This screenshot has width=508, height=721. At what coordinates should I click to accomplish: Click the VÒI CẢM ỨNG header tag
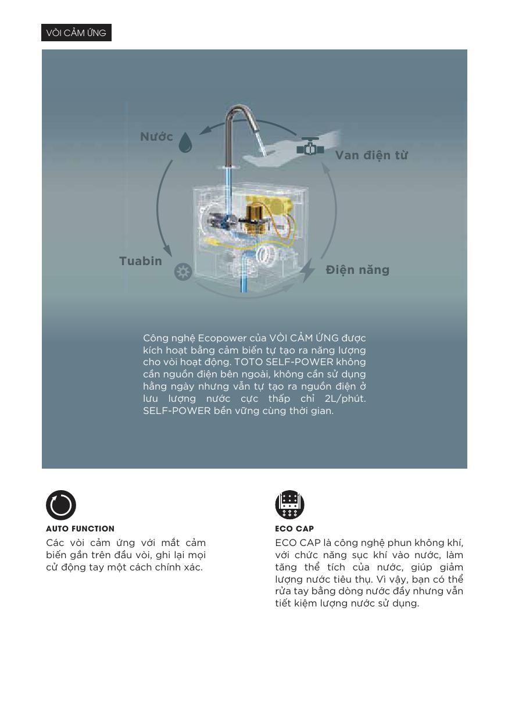[x=76, y=33]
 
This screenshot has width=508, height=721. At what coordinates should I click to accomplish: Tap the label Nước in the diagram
[x=157, y=137]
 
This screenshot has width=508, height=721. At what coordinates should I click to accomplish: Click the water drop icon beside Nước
[x=185, y=142]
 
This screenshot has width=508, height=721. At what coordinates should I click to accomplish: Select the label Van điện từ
[x=371, y=155]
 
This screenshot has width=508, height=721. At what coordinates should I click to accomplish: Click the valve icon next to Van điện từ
[x=310, y=147]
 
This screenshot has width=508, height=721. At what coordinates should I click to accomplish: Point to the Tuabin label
[x=141, y=261]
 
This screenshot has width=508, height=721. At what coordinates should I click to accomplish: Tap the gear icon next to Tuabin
[x=183, y=272]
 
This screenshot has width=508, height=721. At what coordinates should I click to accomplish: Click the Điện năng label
[x=357, y=270]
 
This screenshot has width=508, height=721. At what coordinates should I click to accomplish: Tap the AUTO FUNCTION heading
[x=80, y=529]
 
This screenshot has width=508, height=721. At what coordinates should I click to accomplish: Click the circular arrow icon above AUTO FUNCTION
[x=61, y=505]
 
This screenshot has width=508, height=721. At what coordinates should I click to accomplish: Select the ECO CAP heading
[x=294, y=529]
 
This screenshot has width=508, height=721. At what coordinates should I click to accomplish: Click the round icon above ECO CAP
[x=289, y=505]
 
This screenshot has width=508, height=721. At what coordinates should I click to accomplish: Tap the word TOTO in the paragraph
[x=248, y=362]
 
